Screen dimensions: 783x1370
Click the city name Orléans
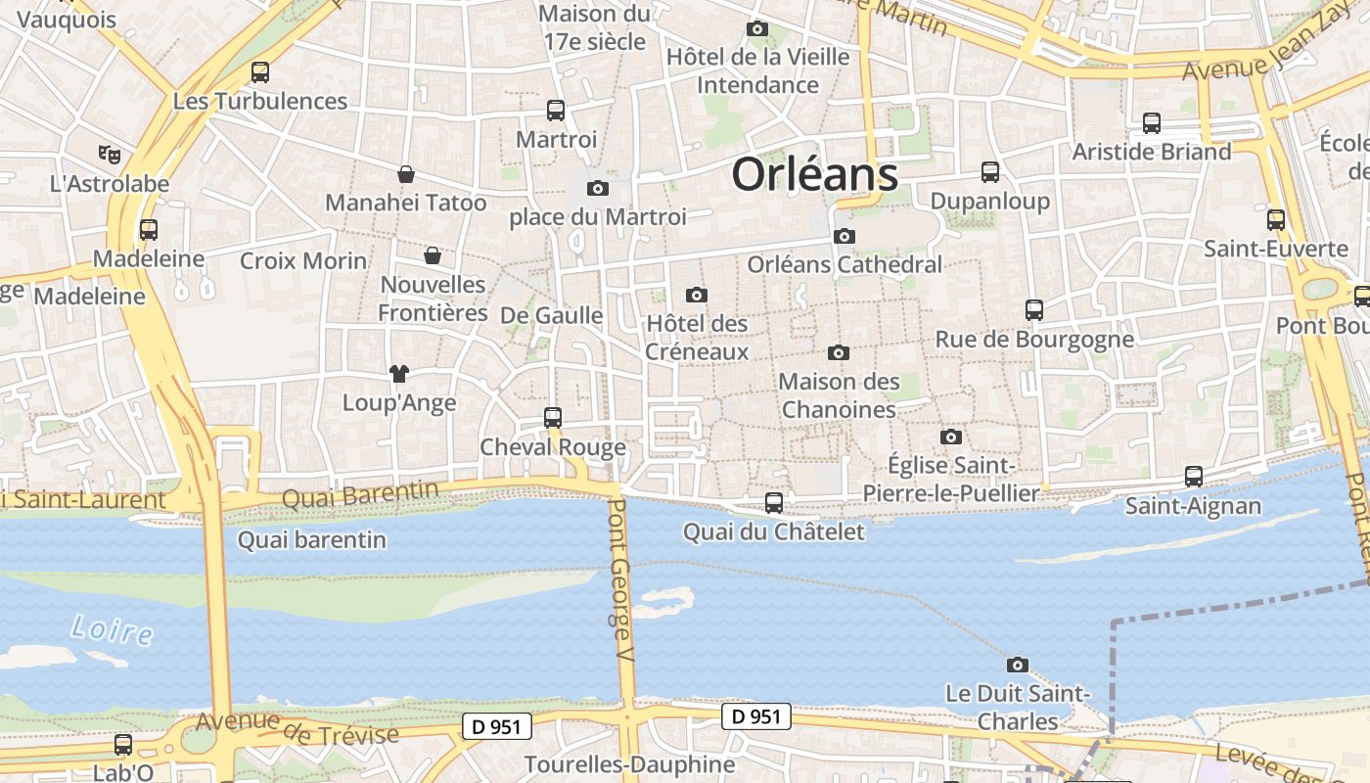814,175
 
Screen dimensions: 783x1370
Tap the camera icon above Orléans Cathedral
844,236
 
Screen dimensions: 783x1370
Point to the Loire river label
112,629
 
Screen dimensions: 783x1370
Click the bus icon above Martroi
556,111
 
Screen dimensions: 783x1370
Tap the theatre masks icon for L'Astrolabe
110,154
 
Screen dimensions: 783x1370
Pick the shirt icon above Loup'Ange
398,373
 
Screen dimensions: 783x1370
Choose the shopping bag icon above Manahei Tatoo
405,174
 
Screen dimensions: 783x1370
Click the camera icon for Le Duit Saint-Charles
1018,665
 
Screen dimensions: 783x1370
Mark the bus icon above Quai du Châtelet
774,503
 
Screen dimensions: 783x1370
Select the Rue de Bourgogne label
1034,340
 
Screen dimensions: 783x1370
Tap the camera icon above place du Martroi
597,188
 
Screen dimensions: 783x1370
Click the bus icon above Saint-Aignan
1193,477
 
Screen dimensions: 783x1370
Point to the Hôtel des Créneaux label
697,338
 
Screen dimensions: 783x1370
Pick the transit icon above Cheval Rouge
553,418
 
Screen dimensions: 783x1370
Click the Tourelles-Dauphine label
629,764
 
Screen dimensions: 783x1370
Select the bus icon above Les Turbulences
259,71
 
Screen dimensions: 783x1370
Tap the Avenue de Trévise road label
297,728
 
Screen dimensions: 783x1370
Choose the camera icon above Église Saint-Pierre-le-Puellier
950,437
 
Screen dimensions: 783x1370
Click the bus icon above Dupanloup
990,172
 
